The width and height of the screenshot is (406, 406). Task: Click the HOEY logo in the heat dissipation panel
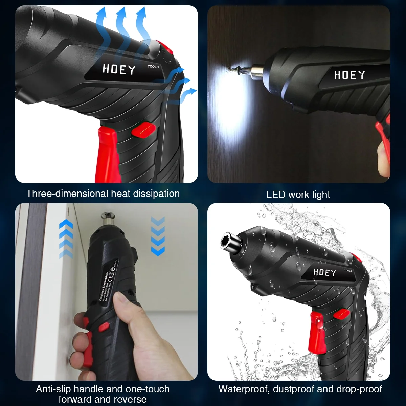pos(119,69)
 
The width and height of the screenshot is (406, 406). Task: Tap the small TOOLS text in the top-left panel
pos(153,67)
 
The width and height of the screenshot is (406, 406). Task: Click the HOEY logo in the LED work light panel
pos(349,75)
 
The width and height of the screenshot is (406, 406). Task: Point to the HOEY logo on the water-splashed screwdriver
pos(324,272)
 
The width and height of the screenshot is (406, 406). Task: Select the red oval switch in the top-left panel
pos(143,130)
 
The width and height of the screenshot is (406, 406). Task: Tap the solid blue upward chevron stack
pos(66,239)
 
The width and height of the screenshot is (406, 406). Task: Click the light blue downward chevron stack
pos(158,236)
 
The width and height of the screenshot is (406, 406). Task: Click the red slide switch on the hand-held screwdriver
pos(104,327)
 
